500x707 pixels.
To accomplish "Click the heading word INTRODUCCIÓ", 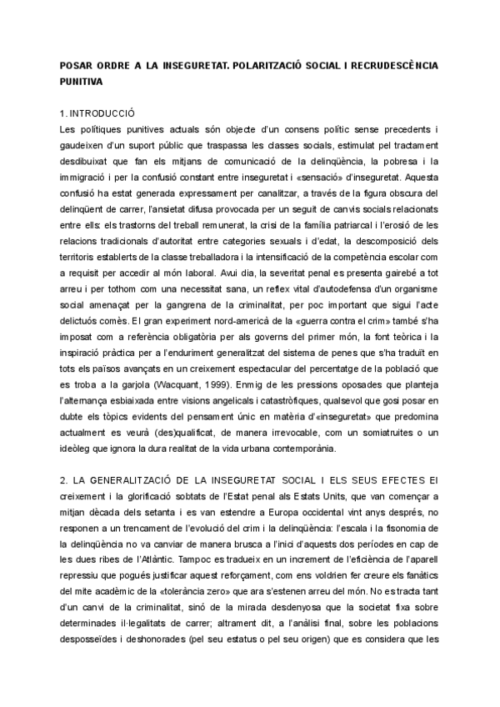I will pyautogui.click(x=102, y=113).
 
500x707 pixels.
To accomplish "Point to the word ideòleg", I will pyautogui.click(x=78, y=448).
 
